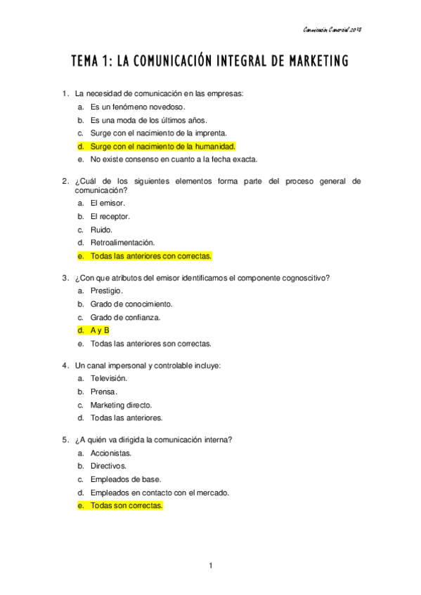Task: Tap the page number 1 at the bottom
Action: tap(210, 566)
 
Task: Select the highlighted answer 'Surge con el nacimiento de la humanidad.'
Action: tap(162, 146)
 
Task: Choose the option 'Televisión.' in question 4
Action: tap(108, 377)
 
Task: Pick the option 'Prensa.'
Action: tap(104, 391)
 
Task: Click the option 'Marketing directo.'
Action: tap(121, 404)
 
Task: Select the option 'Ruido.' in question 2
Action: tap(101, 229)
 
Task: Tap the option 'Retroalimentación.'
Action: tap(117, 242)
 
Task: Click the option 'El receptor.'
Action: tap(110, 215)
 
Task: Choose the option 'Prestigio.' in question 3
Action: tap(107, 290)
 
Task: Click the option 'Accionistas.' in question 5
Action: tap(111, 453)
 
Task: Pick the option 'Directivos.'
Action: tap(108, 465)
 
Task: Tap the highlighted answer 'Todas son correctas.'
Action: tap(126, 505)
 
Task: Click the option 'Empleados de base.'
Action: tap(125, 479)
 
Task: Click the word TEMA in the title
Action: tap(86, 62)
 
